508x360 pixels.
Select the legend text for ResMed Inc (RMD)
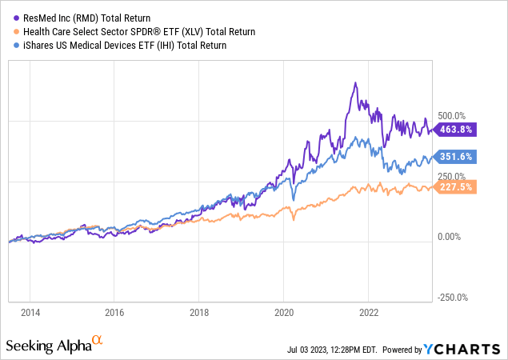tap(87, 18)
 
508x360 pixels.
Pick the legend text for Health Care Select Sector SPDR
tap(137, 32)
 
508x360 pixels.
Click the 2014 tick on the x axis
tap(30, 313)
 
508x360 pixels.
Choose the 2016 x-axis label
tap(115, 313)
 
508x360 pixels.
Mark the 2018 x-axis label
tap(200, 313)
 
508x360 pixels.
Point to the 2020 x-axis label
tap(284, 313)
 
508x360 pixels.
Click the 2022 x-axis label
tap(369, 313)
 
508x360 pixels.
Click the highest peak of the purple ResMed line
tap(354, 82)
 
